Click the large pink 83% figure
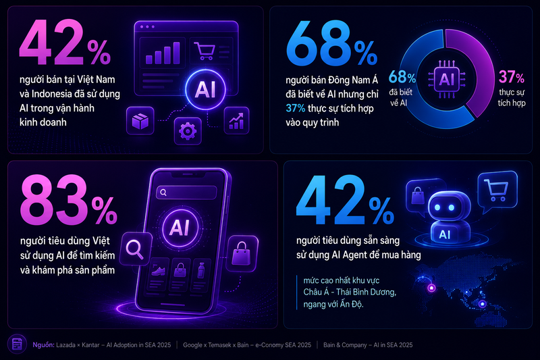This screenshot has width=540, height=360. [x=69, y=200]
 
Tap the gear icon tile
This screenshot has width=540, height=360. [x=188, y=131]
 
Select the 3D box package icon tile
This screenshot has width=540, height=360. [x=140, y=121]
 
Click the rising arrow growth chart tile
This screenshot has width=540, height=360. [x=237, y=121]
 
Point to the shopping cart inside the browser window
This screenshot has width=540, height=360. [x=205, y=51]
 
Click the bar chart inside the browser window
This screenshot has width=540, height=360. [x=163, y=53]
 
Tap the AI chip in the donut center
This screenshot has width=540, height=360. [x=447, y=80]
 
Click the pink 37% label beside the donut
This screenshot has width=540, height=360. [x=512, y=77]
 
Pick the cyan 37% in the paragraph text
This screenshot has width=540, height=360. [x=296, y=108]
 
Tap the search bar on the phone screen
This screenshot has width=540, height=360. [x=186, y=192]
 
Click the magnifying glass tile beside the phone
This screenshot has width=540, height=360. [x=136, y=249]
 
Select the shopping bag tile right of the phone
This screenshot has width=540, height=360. [x=242, y=253]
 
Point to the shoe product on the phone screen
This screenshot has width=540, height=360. [x=159, y=272]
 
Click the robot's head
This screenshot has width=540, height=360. [x=445, y=206]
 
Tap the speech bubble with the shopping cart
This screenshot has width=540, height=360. [x=497, y=192]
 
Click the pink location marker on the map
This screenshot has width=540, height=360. [x=431, y=288]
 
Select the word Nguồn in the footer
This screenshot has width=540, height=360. [x=43, y=345]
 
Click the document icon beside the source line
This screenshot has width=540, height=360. [x=17, y=344]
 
